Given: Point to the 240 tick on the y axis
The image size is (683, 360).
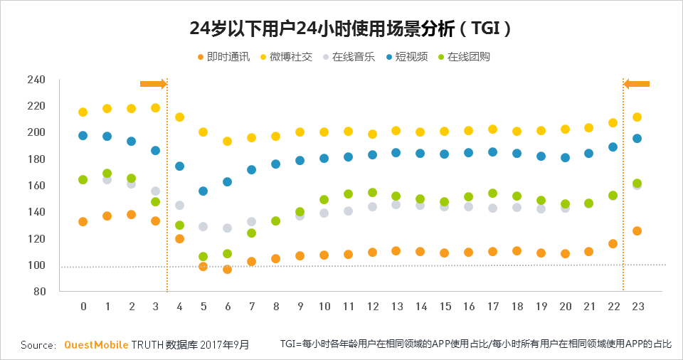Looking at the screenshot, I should click(x=36, y=79).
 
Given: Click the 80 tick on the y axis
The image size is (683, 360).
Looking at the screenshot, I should click(x=38, y=292).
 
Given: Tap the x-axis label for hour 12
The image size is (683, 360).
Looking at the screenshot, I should click(x=373, y=306).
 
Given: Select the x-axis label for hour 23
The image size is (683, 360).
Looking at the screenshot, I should click(x=637, y=306).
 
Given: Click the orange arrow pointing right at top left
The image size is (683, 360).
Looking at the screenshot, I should click(x=153, y=84).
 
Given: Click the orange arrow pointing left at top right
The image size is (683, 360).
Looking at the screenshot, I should click(x=637, y=84).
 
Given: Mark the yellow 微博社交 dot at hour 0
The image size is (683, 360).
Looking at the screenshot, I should click(x=83, y=112).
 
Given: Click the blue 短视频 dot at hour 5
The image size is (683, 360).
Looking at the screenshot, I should click(x=203, y=191).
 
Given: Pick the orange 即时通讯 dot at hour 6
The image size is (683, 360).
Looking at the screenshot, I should click(x=228, y=270).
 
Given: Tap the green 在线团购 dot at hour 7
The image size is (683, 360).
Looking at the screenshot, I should click(x=252, y=233).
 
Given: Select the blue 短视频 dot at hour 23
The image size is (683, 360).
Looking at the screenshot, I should click(x=637, y=138).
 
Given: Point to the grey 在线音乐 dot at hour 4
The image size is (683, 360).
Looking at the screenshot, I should click(x=179, y=205).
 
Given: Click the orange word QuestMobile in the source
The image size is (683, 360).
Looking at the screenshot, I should click(x=96, y=344).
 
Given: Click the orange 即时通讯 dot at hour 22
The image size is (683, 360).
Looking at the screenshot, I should click(x=613, y=243).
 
